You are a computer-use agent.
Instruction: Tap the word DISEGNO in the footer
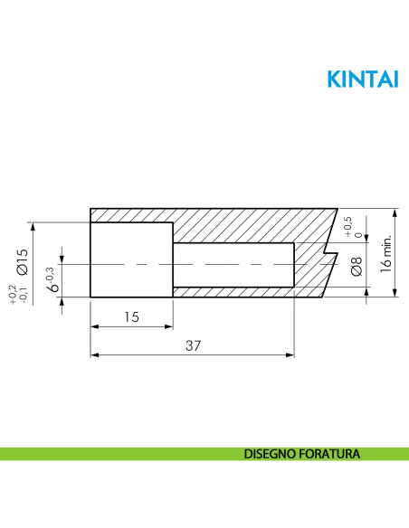pyautogui.click(x=270, y=452)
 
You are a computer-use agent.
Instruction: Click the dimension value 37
pyautogui.click(x=193, y=345)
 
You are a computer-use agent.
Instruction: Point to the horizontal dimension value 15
pyautogui.click(x=131, y=316)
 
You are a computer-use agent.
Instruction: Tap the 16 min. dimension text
pyautogui.click(x=385, y=253)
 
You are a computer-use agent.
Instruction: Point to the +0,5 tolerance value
pyautogui.click(x=348, y=224)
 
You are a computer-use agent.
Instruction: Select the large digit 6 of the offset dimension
pyautogui.click(x=53, y=287)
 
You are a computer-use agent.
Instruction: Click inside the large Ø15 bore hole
pyautogui.click(x=131, y=260)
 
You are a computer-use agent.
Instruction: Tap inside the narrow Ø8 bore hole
pyautogui.click(x=233, y=265)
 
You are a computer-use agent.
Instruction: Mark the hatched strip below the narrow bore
pyautogui.click(x=233, y=293)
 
